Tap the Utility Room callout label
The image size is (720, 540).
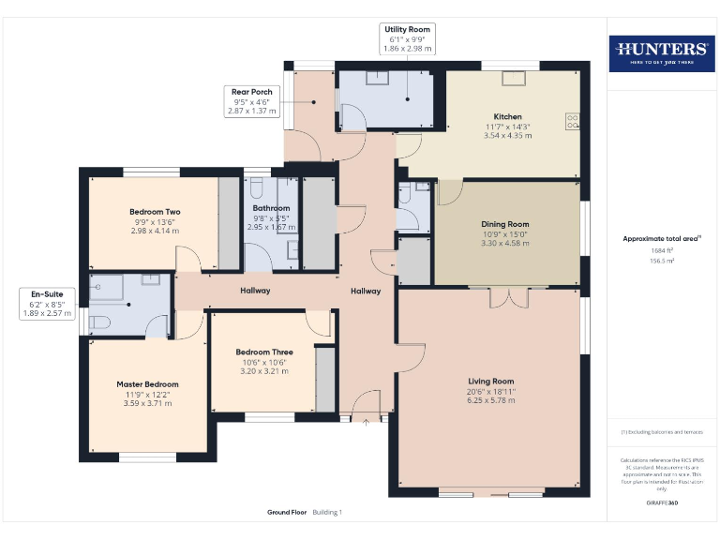[407, 37]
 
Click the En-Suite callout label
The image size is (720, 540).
[47, 304]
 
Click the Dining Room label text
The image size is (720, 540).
[505, 224]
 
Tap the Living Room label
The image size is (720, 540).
[491, 381]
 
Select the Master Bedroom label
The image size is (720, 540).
[147, 384]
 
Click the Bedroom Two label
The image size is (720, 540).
[155, 212]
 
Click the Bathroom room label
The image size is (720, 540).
[271, 208]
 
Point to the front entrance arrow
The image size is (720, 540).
[366, 423]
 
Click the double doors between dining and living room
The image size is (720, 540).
[508, 296]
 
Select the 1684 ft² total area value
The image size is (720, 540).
[661, 250]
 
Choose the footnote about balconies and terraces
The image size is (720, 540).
[660, 432]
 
